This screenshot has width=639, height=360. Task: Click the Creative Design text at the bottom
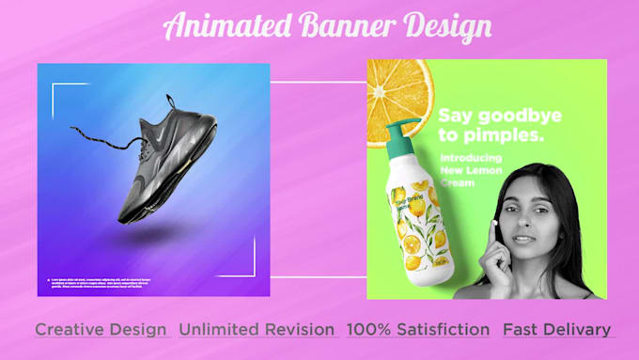click(x=101, y=330)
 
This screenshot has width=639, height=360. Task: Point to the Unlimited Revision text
click(x=257, y=330)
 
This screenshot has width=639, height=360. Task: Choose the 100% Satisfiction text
click(x=418, y=330)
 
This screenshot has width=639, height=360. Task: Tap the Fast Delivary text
click(x=557, y=330)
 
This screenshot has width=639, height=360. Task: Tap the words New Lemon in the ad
click(x=460, y=170)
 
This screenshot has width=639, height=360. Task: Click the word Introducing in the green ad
click(x=470, y=158)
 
